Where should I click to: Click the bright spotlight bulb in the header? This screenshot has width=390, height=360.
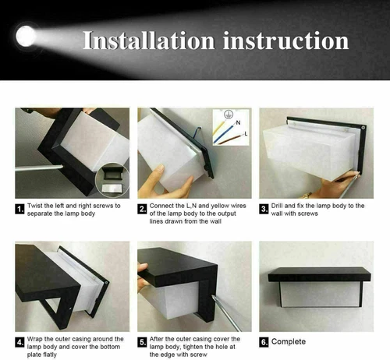[x=27, y=35]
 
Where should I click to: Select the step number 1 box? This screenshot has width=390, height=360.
[x=19, y=208]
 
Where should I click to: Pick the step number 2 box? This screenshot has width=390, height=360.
[x=141, y=208]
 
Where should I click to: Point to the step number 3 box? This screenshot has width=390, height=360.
[x=264, y=208]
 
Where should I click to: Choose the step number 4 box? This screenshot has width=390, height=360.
[x=19, y=341]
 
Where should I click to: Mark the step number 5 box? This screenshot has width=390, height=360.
[x=141, y=341]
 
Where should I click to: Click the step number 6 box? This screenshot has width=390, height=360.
[x=264, y=341]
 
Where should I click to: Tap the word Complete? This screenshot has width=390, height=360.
[x=289, y=341]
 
